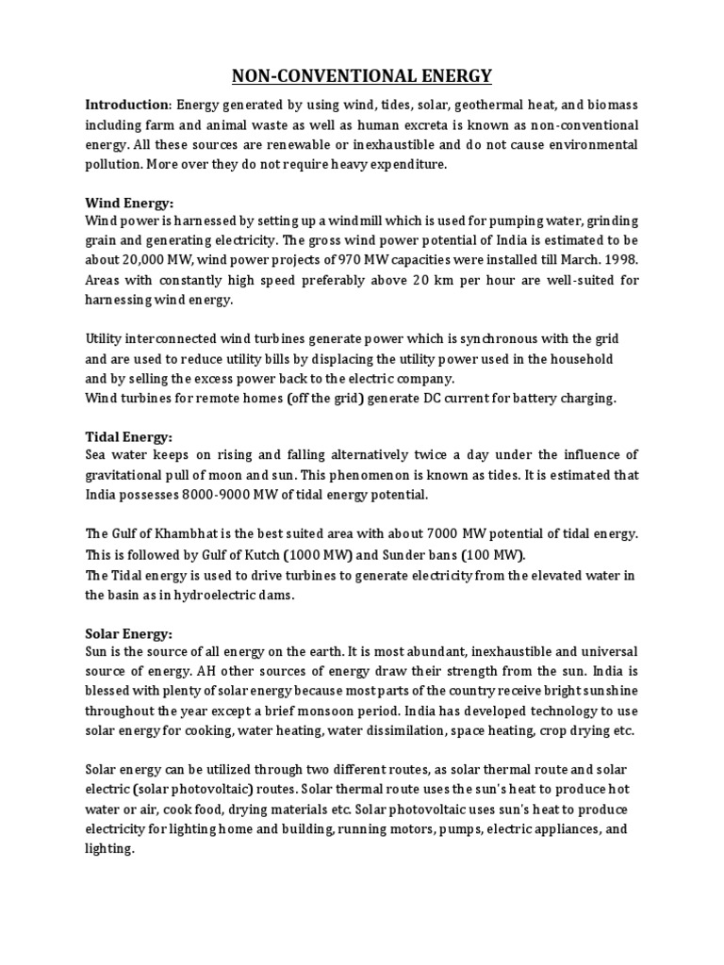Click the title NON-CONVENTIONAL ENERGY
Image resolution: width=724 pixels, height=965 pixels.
pos(362,75)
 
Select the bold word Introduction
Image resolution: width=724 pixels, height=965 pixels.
pos(125,105)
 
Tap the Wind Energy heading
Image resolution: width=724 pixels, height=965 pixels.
pos(129,203)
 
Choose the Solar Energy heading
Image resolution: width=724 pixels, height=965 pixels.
pos(129,633)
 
